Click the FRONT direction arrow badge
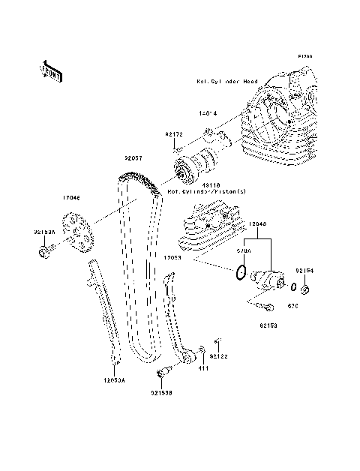[x=49, y=70]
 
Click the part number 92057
[x=135, y=159]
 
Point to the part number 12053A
[x=115, y=382]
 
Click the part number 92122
[x=219, y=355]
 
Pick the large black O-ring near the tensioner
[x=238, y=272]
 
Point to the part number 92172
[x=174, y=133]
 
